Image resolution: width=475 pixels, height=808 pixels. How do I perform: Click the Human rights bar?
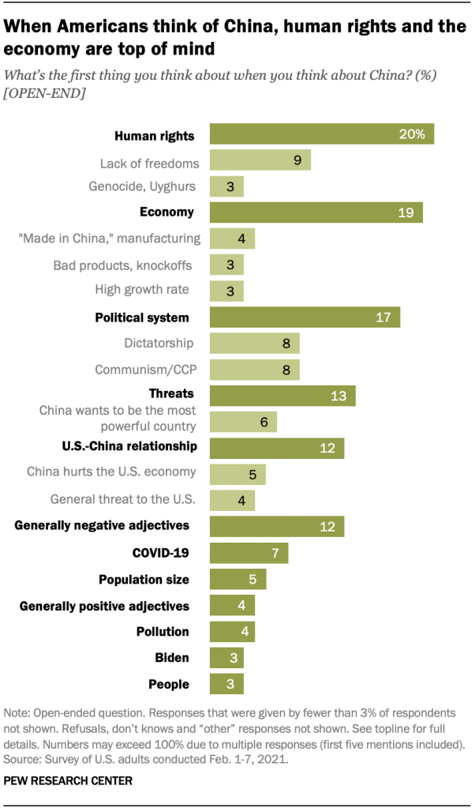coord(321,135)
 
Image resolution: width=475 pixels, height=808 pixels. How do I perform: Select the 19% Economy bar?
coord(316,212)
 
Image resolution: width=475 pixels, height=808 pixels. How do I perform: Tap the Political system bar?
coord(305,318)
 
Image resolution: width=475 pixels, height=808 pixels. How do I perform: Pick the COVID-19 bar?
coord(249,552)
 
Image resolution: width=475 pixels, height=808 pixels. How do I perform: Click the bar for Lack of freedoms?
coord(260,161)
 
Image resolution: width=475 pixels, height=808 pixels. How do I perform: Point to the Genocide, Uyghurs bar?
coord(226,187)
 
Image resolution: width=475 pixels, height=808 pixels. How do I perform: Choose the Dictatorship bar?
coord(254,344)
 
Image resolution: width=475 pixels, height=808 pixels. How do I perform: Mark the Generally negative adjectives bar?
coord(276,526)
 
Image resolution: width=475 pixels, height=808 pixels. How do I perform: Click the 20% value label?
coord(412,135)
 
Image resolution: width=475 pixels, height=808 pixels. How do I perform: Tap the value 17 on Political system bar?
coord(384,318)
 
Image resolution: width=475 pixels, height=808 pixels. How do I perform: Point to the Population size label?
coord(144,579)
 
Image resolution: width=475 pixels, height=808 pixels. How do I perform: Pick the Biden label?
coord(172,657)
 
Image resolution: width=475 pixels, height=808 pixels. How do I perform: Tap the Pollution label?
coord(163,631)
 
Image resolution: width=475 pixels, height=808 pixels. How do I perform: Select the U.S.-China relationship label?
coord(129,446)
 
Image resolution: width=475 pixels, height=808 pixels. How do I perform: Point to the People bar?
coord(226,683)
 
